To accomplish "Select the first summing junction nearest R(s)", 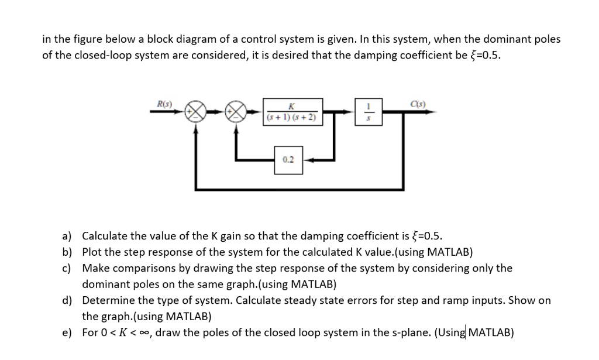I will [x=195, y=111].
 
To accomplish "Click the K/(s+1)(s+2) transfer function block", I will [x=291, y=111].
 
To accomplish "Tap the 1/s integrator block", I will [x=369, y=111].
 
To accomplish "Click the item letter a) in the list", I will [x=67, y=236].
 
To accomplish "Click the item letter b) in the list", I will [x=67, y=252].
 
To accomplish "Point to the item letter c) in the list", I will [x=67, y=268].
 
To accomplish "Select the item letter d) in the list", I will [x=67, y=300].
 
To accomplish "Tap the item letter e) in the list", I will [x=67, y=332].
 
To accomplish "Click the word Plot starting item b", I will [x=92, y=252].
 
